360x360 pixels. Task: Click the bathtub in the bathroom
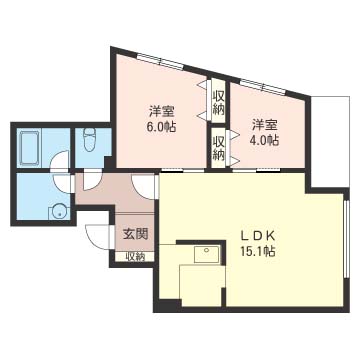coord(29,148)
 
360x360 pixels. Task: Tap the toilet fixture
coord(90,140)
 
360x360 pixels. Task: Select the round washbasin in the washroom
coord(60,211)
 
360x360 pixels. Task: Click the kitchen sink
coord(207,254)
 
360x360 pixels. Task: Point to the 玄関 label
coord(135,235)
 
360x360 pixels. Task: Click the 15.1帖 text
coord(258,251)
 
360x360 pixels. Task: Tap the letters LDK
coord(258,237)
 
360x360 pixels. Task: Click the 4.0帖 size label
coord(264,140)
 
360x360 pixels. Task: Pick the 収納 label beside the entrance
coord(135,257)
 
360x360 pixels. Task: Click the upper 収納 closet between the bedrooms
coord(218,101)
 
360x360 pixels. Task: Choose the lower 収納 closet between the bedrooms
coord(218,148)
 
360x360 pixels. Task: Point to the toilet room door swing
coord(91,180)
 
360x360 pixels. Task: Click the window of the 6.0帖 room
coord(160,62)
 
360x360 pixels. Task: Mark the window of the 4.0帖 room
coord(263,87)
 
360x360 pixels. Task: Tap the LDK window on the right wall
coord(346,239)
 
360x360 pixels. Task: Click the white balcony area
coord(330,142)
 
